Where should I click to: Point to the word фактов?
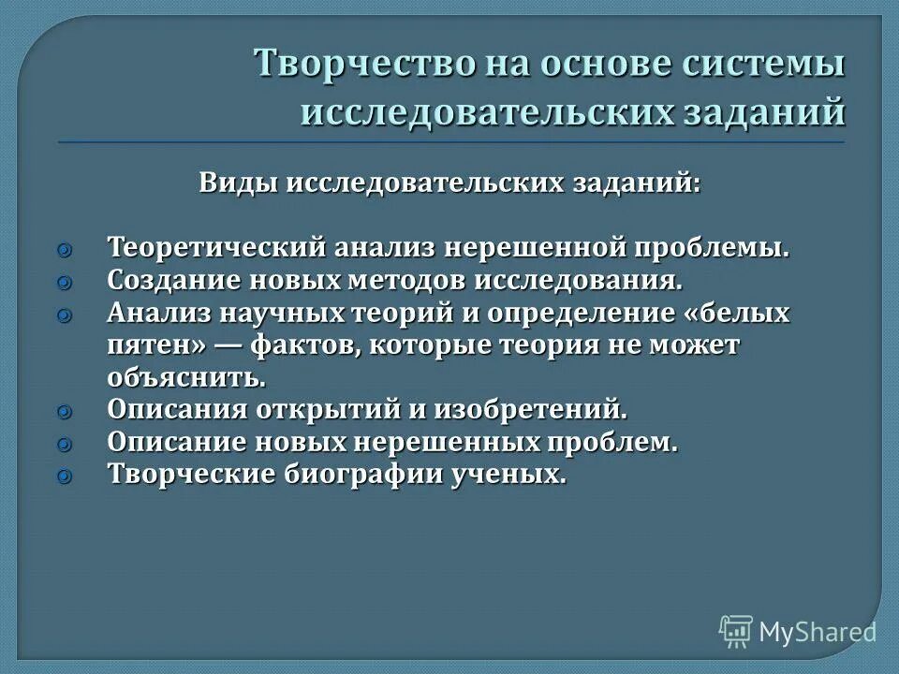click(x=300, y=346)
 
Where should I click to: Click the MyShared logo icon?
click(x=736, y=631)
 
